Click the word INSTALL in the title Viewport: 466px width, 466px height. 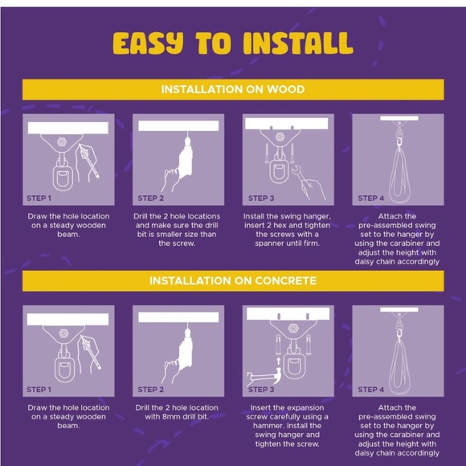(x=298, y=43)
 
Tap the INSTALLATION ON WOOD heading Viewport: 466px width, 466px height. (x=233, y=89)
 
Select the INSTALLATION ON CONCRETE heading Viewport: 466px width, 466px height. (x=233, y=281)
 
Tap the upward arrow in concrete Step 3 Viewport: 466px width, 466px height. (x=279, y=361)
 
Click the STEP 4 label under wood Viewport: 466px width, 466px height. (x=371, y=198)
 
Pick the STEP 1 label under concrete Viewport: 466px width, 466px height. (x=39, y=390)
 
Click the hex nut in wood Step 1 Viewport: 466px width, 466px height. (x=61, y=141)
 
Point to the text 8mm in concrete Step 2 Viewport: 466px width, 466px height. (x=171, y=417)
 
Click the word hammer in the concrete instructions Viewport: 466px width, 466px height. (x=267, y=426)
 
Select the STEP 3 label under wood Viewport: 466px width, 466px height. (x=261, y=198)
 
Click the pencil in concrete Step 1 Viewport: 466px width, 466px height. (x=91, y=352)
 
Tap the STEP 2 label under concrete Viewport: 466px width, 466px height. (x=151, y=390)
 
